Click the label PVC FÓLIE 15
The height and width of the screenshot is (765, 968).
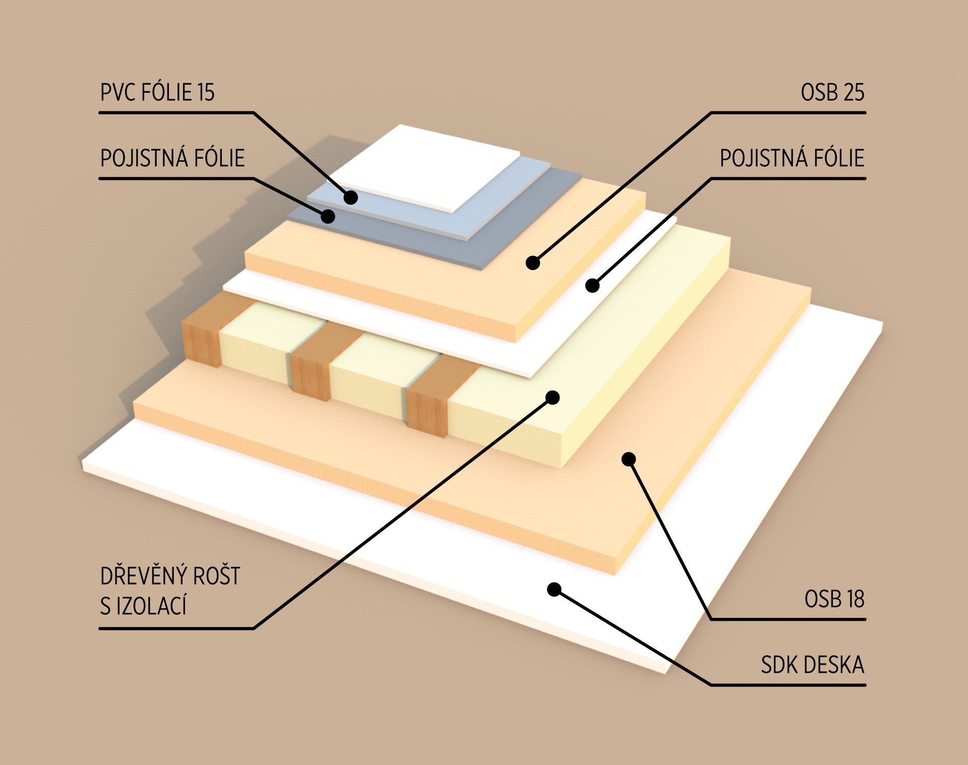[x=157, y=93]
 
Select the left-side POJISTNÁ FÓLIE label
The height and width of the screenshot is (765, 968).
[x=172, y=158]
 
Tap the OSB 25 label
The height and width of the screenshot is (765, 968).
[x=832, y=93]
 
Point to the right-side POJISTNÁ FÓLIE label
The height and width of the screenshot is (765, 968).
[x=792, y=158]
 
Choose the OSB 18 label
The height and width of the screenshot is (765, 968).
[x=834, y=599]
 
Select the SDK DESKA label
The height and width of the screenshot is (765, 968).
[x=812, y=665]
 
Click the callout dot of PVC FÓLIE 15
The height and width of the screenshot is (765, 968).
[x=351, y=197]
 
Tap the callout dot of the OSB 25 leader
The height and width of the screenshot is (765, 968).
[x=533, y=263]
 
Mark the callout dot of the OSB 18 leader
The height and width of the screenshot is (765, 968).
[x=628, y=459]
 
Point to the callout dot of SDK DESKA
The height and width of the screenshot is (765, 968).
[x=554, y=589]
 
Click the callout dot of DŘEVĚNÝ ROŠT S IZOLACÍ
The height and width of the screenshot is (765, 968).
[x=553, y=398]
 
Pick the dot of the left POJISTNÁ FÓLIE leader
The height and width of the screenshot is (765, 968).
[x=328, y=216]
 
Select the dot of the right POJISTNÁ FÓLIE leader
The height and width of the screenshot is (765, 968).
[x=593, y=286]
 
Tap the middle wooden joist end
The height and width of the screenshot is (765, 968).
[x=310, y=375]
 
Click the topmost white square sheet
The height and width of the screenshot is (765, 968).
[x=429, y=166]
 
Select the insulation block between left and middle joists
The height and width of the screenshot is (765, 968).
[x=255, y=348]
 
